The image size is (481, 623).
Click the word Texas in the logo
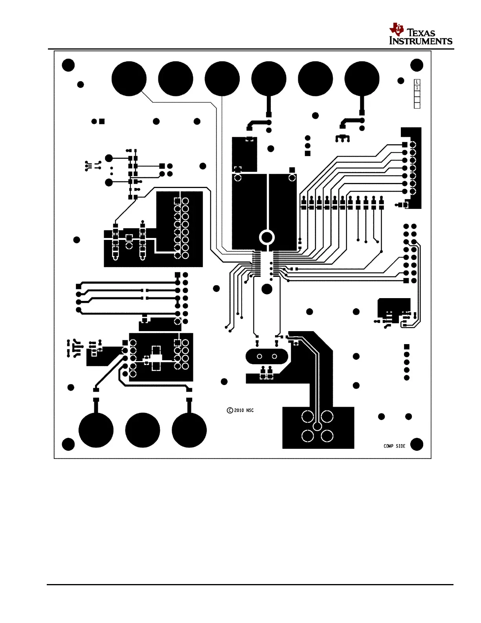point(421,33)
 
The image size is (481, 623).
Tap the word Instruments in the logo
point(420,41)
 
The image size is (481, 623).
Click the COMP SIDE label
point(394,446)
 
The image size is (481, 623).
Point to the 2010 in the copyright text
point(239,410)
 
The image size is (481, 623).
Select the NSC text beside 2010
point(250,410)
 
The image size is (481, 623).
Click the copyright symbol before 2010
point(230,410)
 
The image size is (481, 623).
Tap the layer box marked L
point(417,82)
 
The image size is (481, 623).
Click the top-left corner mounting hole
point(68,65)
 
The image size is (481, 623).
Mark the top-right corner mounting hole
point(417,65)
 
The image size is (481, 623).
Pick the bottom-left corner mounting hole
point(68,444)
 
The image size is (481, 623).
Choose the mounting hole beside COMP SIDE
point(417,444)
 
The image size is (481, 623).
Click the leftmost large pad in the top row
point(129,79)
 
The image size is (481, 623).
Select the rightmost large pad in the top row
point(362,79)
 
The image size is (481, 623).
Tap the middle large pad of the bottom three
point(143,430)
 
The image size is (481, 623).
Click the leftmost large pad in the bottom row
point(96,430)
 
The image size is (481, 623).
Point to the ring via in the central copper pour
point(267,237)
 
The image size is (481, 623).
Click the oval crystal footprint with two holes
point(267,357)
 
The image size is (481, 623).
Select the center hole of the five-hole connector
point(318,426)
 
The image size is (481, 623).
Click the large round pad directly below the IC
point(267,289)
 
